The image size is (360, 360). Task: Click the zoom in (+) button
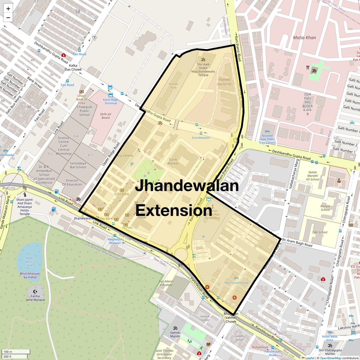tap(8, 9)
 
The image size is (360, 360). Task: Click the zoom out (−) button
tap(8, 18)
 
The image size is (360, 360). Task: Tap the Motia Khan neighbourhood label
tap(304, 37)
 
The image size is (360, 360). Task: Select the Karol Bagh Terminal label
tap(111, 101)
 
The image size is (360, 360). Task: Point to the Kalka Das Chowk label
tap(73, 67)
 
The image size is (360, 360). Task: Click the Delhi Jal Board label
tap(105, 116)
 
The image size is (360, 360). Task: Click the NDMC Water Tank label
tap(29, 262)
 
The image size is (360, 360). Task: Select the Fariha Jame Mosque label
tap(35, 298)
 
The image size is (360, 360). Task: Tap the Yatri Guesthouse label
tap(236, 283)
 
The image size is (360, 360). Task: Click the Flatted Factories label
tap(224, 82)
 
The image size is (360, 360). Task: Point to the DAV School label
tap(320, 232)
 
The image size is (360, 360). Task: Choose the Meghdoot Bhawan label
tap(115, 241)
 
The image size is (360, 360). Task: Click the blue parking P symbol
tap(132, 164)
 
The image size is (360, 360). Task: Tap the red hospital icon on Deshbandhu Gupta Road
tap(63, 55)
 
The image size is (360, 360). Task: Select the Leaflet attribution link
tap(310, 358)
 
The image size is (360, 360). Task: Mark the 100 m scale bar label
tap(8, 352)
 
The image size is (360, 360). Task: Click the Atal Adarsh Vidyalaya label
tap(166, 283)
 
